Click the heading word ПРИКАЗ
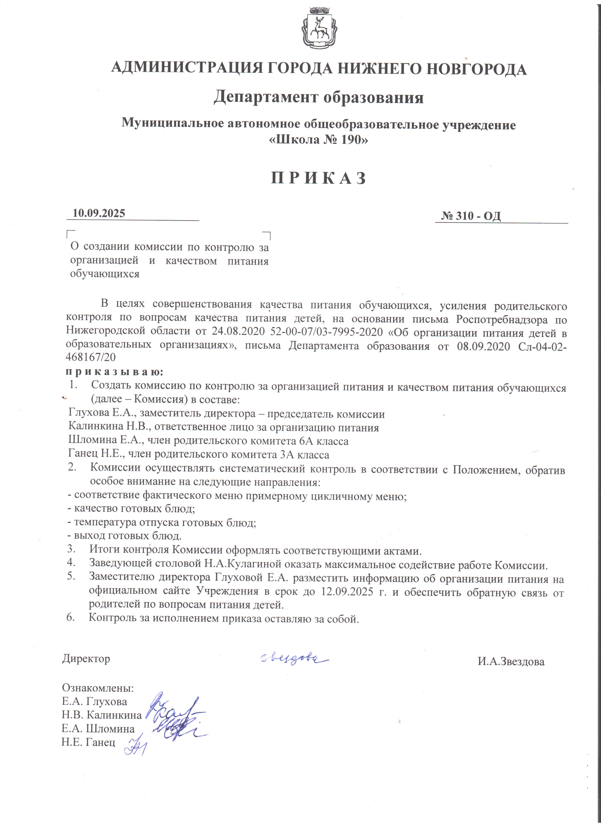point(319,178)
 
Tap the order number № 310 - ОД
point(471,216)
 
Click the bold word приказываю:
point(115,372)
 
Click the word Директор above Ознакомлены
point(86,658)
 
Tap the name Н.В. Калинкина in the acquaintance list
point(102,715)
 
